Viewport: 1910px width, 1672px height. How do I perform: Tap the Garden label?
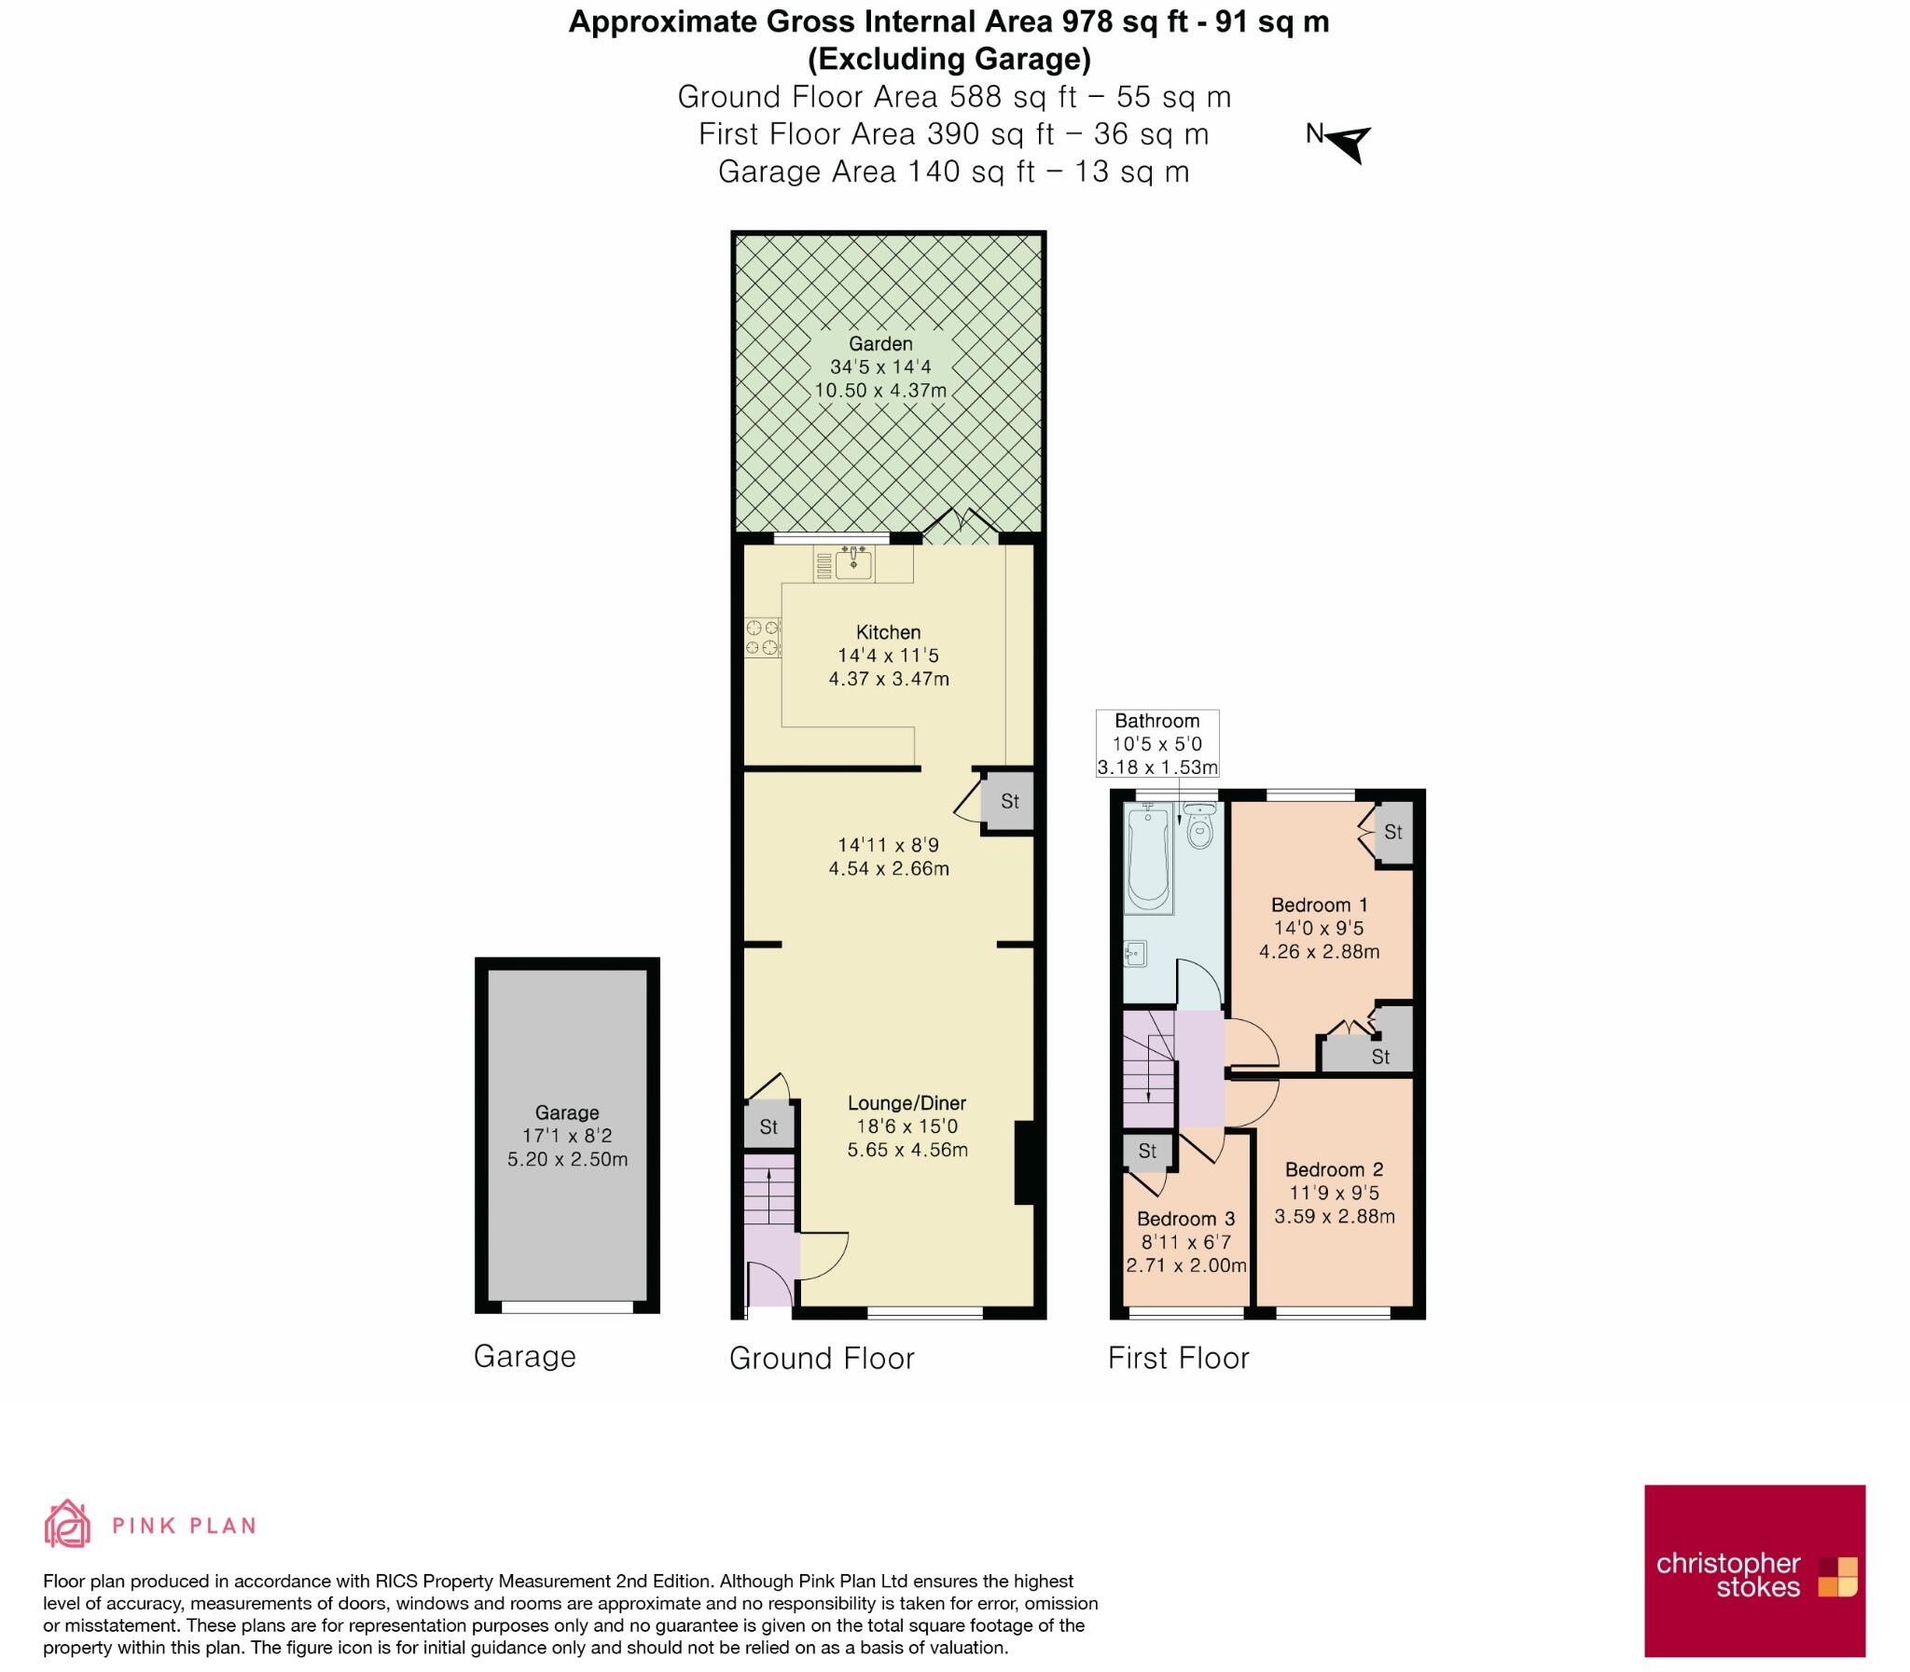coord(879,343)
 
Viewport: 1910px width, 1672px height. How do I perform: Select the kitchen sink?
coord(852,562)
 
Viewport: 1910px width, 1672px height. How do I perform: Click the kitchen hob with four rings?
coord(762,638)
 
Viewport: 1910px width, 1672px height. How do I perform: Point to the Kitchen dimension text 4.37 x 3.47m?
coord(888,679)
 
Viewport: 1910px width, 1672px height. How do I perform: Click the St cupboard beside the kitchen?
coord(1009,801)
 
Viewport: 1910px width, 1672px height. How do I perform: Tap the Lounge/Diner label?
coord(906,1103)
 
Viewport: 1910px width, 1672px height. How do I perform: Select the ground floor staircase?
coord(768,1191)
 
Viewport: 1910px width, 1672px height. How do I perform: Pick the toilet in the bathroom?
coord(1199,826)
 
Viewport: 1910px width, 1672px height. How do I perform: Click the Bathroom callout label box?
coord(1157,743)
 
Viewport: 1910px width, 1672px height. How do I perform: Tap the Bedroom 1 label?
coord(1320,905)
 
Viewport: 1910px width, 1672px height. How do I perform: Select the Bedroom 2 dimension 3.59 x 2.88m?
coord(1335,1217)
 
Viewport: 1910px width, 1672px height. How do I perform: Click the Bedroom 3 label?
coord(1185,1219)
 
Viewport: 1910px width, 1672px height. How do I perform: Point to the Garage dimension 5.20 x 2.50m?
coord(567,1160)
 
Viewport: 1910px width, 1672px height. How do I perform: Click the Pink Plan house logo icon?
coord(67,1525)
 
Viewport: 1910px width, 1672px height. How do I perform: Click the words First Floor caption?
coord(1178,1358)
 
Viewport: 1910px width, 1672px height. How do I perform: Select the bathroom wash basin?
coord(1136,954)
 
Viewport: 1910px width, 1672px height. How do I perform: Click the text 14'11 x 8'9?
coord(888,846)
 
